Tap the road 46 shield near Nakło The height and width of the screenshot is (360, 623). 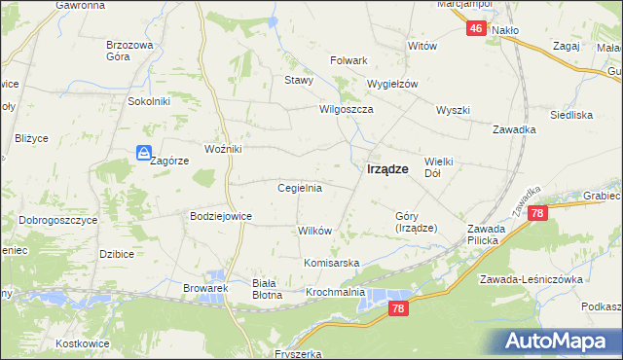[x=475, y=29]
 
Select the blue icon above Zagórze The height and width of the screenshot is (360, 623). [x=143, y=153]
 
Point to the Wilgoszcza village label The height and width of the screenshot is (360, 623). [x=347, y=110]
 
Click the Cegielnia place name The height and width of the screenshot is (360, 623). [x=300, y=188]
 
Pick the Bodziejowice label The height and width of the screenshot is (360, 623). [x=221, y=216]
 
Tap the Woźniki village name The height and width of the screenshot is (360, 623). [x=223, y=149]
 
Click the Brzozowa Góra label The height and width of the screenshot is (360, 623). [x=130, y=51]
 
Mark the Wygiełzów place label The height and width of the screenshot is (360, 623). [x=391, y=84]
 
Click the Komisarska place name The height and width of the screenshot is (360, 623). [x=332, y=264]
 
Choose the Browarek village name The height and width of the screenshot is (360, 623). [x=205, y=288]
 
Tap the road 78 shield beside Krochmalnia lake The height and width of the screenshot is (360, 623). [x=396, y=308]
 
